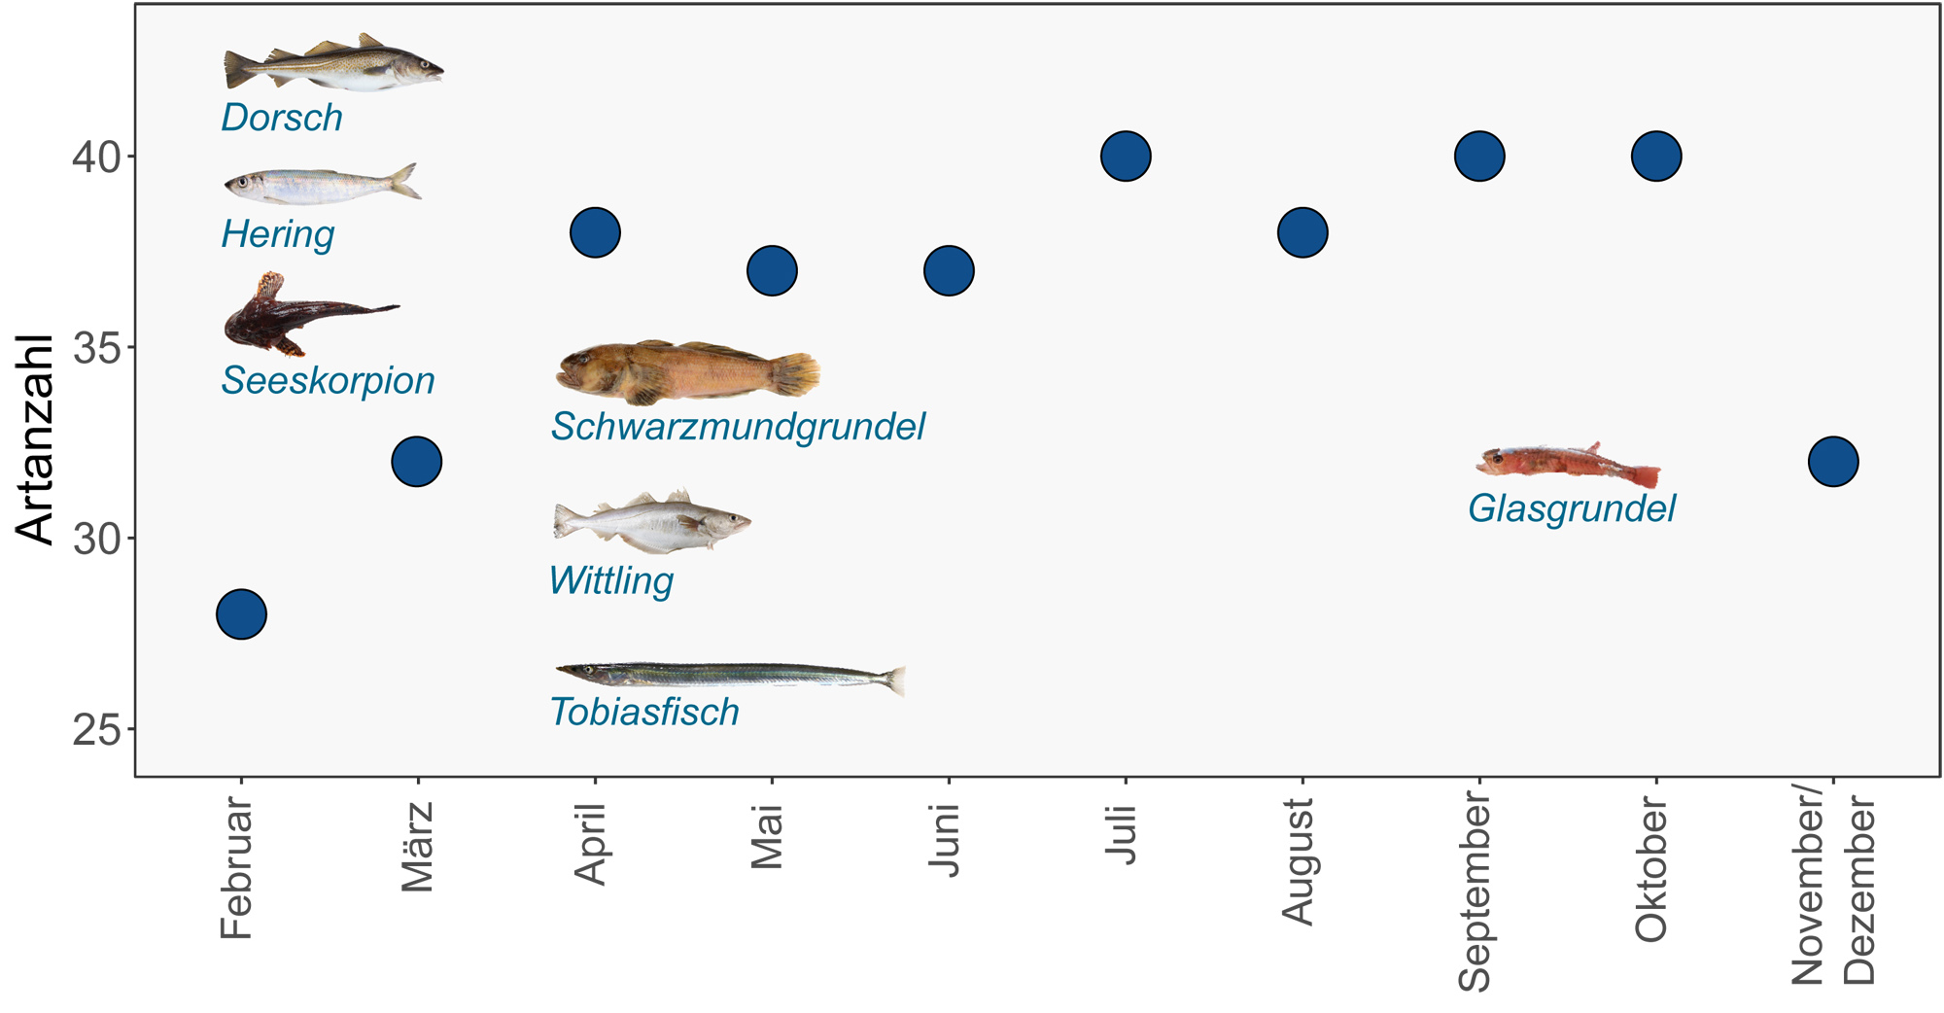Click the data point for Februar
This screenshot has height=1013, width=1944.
[x=241, y=614]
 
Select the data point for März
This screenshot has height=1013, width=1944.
[x=417, y=461]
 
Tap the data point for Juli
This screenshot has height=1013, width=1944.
[x=1126, y=156]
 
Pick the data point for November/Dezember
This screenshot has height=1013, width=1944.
[x=1833, y=461]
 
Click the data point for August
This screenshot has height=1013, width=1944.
[x=1302, y=232]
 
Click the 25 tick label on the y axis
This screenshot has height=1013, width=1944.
[x=97, y=730]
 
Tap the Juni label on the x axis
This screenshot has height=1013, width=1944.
[x=944, y=840]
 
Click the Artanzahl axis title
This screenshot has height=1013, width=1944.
[x=35, y=438]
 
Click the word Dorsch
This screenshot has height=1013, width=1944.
[x=282, y=118]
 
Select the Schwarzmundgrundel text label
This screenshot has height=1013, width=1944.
[x=738, y=427]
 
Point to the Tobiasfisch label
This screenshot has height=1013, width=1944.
[x=644, y=713]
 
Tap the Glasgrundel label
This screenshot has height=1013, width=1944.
[x=1572, y=508]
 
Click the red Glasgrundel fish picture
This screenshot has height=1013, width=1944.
[x=1567, y=464]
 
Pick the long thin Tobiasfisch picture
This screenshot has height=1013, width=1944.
[x=729, y=675]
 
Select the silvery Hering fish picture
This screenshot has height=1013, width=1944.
[x=321, y=184]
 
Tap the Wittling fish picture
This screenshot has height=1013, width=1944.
[x=649, y=522]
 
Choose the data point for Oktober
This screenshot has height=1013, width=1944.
[x=1656, y=156]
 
